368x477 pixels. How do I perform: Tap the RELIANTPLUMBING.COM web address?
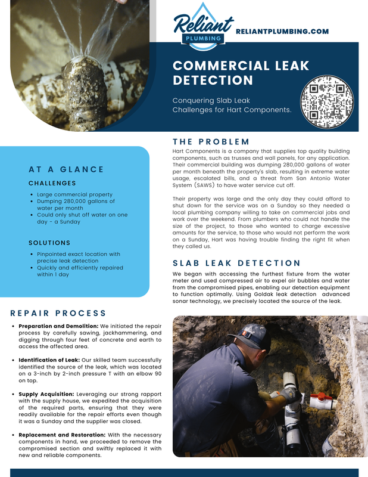[282, 31]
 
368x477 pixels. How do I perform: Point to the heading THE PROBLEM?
[211, 141]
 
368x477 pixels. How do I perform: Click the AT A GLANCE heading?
[66, 169]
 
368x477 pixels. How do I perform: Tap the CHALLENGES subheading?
[52, 183]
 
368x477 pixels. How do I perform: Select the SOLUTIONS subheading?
[49, 243]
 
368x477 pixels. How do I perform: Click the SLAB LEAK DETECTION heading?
[236, 263]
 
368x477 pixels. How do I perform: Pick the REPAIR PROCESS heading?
[58, 313]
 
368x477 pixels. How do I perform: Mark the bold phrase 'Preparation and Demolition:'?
[58, 326]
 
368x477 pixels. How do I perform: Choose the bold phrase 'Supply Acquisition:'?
[46, 394]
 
